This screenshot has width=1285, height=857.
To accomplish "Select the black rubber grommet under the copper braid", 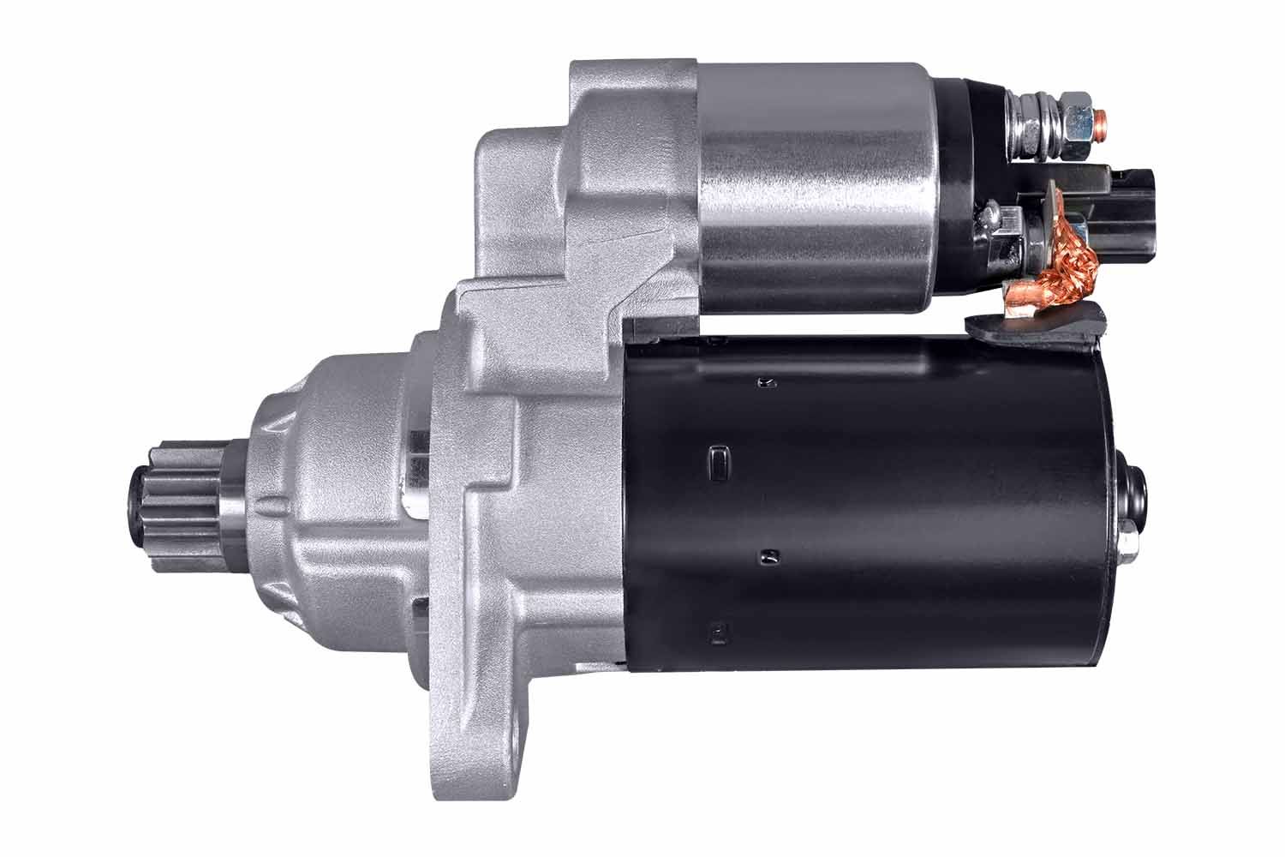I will [x=1037, y=326].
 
